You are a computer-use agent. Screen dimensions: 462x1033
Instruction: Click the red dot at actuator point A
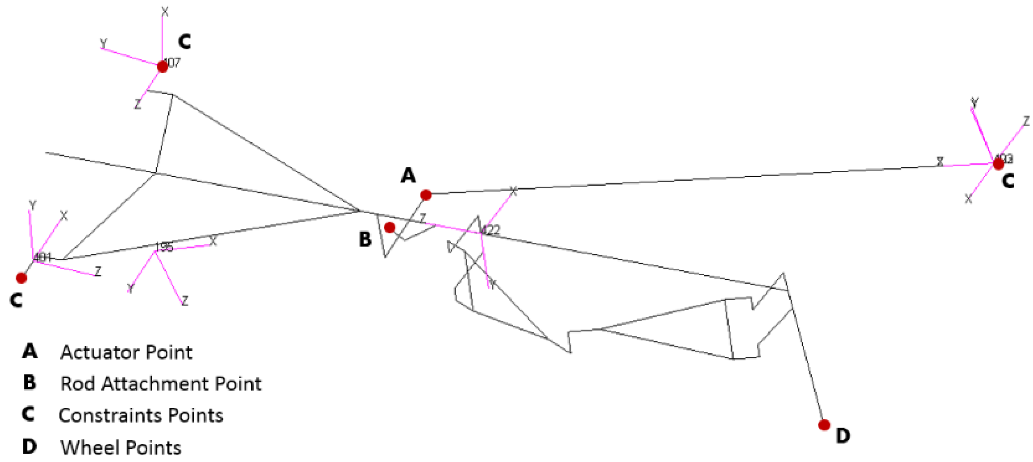[x=426, y=195]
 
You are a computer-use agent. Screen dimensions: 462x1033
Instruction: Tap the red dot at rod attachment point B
[x=389, y=228]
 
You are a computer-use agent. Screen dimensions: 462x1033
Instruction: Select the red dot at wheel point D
[x=824, y=425]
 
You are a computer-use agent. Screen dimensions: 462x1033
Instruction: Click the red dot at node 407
[x=163, y=66]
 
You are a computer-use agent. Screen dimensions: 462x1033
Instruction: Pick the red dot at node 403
[x=998, y=164]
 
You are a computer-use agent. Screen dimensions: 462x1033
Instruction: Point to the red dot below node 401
[x=21, y=278]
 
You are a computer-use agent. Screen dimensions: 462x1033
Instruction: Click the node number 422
[x=490, y=230]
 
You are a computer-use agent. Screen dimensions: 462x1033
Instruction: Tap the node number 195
[x=164, y=247]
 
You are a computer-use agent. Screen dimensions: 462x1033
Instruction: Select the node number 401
[x=42, y=257]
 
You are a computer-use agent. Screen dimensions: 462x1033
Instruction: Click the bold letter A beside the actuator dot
[x=408, y=175]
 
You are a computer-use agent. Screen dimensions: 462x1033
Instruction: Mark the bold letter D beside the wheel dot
[x=843, y=436]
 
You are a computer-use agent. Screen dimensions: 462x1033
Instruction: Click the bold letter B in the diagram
[x=365, y=239]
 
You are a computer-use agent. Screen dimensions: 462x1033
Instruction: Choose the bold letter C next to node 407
[x=184, y=41]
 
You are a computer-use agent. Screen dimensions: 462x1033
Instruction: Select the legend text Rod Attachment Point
[x=161, y=384]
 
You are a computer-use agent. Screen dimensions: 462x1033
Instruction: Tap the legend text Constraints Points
[x=141, y=415]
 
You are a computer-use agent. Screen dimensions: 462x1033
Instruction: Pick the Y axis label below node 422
[x=492, y=285]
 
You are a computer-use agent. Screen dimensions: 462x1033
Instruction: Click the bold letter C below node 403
[x=1008, y=181]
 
